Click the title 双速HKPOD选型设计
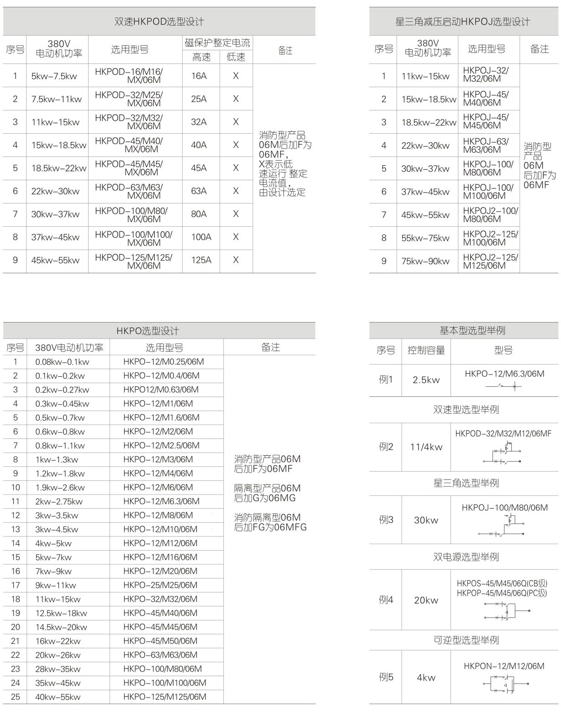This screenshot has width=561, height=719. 159,21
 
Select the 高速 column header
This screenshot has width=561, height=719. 201,57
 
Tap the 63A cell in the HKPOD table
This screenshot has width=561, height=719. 199,191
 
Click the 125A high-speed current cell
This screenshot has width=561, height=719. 201,260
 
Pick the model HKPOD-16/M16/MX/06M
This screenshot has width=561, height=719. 129,76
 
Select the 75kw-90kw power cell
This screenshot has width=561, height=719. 425,261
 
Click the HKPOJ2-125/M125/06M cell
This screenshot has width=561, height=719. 490,261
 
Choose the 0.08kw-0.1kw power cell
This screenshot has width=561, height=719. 62,362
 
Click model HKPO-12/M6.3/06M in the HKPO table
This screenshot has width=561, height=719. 161,501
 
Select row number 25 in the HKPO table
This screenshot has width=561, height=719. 16,697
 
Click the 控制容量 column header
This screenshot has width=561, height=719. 426,350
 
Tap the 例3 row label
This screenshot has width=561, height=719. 386,520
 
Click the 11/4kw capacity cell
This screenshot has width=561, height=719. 426,447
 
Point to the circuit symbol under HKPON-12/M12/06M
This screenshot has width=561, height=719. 505,684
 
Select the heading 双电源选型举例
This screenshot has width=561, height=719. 466,557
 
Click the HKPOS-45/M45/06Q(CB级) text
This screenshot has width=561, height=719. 501,583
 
